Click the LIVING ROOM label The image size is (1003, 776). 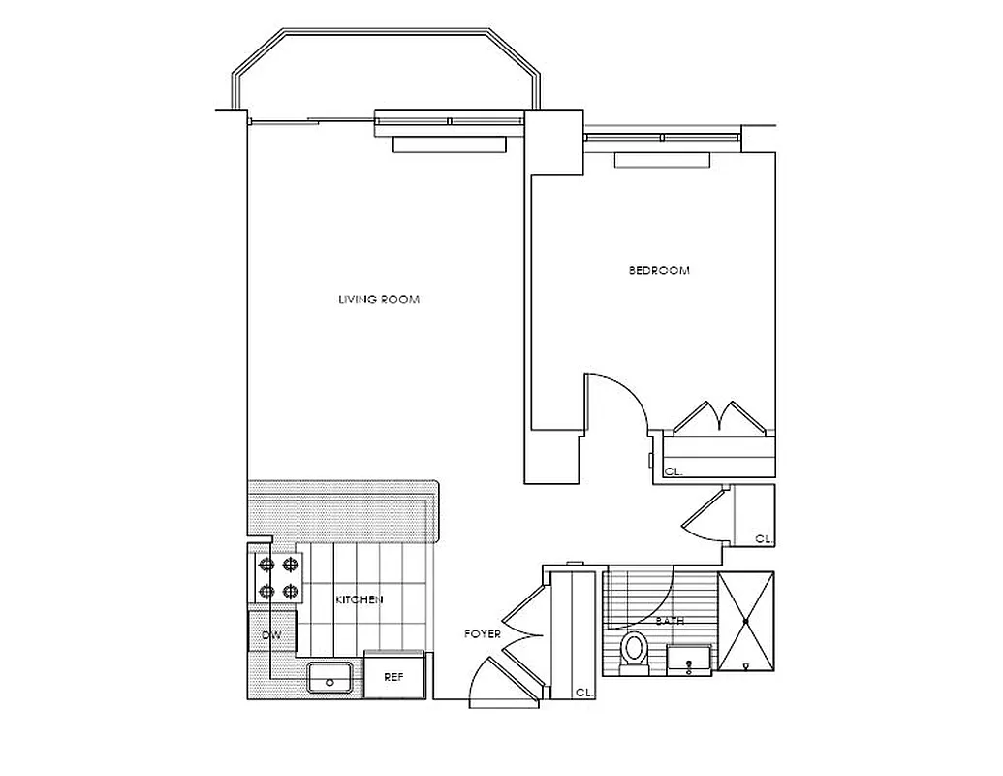pyautogui.click(x=378, y=299)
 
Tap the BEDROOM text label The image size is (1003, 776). pyautogui.click(x=659, y=271)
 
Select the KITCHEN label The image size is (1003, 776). pyautogui.click(x=359, y=600)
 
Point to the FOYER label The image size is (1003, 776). pyautogui.click(x=483, y=634)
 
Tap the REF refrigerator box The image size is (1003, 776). pyautogui.click(x=392, y=677)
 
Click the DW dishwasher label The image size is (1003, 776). pyautogui.click(x=271, y=636)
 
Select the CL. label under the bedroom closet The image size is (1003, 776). pyautogui.click(x=673, y=471)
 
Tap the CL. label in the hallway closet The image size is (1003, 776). pyautogui.click(x=763, y=538)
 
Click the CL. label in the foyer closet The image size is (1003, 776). pyautogui.click(x=583, y=693)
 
